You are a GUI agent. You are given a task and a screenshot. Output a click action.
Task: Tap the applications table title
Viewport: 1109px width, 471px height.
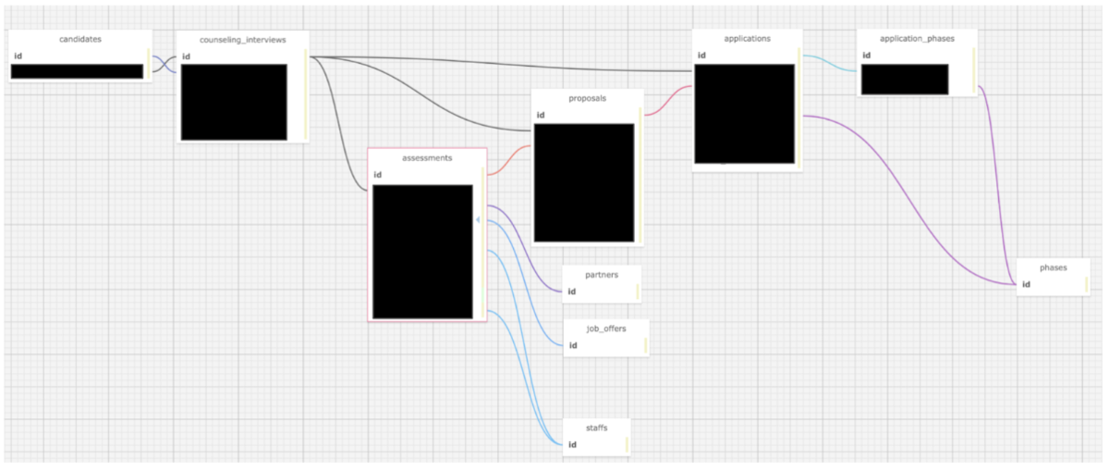[x=748, y=38]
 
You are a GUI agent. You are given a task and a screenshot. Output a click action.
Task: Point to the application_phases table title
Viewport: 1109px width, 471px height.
[x=917, y=39]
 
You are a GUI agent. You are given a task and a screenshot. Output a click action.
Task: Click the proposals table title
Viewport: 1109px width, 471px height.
[x=587, y=97]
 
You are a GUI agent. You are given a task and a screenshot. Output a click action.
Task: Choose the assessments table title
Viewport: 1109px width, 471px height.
[x=427, y=158]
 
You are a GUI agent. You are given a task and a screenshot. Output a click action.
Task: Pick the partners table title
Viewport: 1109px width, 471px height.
[x=602, y=275]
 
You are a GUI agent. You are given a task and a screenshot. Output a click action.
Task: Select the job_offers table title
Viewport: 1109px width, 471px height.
[x=606, y=328]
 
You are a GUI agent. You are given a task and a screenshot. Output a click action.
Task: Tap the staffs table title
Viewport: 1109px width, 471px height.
[x=597, y=428]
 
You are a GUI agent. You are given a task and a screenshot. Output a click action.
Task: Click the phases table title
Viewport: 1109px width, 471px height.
[x=1053, y=267]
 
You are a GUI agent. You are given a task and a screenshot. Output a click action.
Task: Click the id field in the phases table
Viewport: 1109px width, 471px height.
[x=1026, y=284]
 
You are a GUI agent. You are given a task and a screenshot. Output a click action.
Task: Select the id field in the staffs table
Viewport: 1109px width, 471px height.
[x=572, y=445]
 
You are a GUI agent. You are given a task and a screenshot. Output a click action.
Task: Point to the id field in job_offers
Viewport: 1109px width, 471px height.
[x=573, y=345]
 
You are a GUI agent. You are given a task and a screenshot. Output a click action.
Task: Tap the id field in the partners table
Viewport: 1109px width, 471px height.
[x=572, y=291]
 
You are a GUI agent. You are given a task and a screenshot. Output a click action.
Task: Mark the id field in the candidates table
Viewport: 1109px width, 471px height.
[x=18, y=56]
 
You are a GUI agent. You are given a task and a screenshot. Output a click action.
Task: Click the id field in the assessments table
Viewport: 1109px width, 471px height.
[x=377, y=175]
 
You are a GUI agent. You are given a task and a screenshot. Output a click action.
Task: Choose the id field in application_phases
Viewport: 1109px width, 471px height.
[x=866, y=56]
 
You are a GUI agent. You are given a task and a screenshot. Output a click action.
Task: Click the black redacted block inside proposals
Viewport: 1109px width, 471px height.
[x=584, y=182]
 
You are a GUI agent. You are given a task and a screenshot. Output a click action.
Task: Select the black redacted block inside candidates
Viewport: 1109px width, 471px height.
[x=78, y=71]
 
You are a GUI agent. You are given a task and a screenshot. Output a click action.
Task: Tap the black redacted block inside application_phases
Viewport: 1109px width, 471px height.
[x=904, y=79]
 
